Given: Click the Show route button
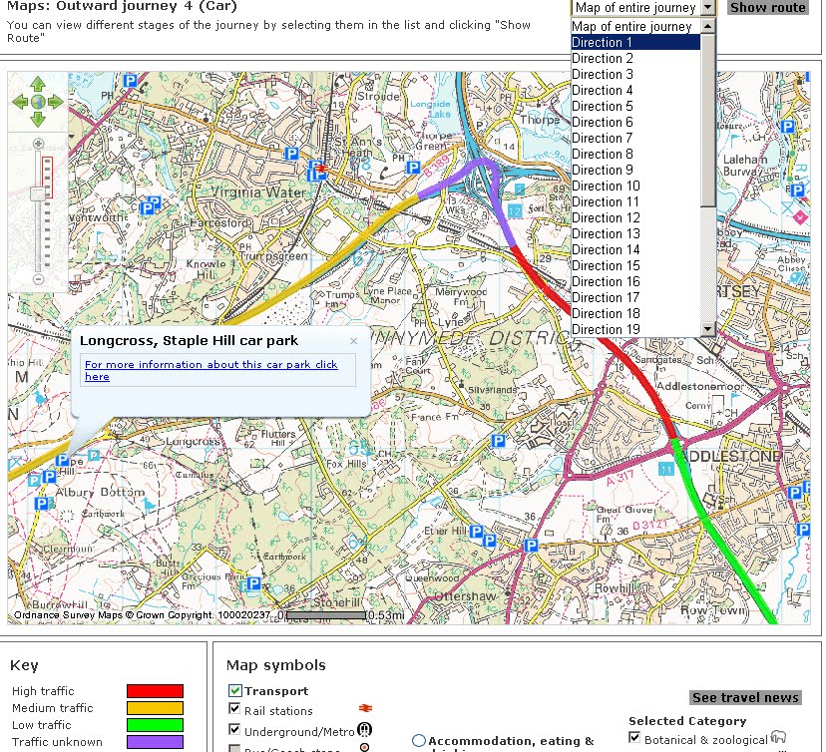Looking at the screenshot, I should coord(767,7).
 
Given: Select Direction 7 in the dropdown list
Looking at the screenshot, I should coord(602,138).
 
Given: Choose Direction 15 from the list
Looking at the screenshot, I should coord(606,265).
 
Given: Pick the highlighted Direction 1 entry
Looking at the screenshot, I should coord(602,42).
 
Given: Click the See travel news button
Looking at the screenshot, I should coord(745,697).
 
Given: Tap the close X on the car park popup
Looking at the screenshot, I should coord(353,341).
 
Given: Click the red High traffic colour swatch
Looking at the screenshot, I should coord(155,691).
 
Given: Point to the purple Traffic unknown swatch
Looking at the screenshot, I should coord(155,742).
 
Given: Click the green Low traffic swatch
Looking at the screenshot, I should coord(155,725).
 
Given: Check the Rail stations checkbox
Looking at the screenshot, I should coord(234,710).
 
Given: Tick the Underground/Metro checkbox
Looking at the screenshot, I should coord(234,730).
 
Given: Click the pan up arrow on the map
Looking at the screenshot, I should coord(38,84).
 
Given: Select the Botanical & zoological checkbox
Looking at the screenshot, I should coord(634,738).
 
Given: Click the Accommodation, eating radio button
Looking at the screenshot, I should coord(419,741).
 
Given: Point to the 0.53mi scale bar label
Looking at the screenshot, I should coord(385,615).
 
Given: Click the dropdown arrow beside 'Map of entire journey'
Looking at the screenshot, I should coord(707,7).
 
